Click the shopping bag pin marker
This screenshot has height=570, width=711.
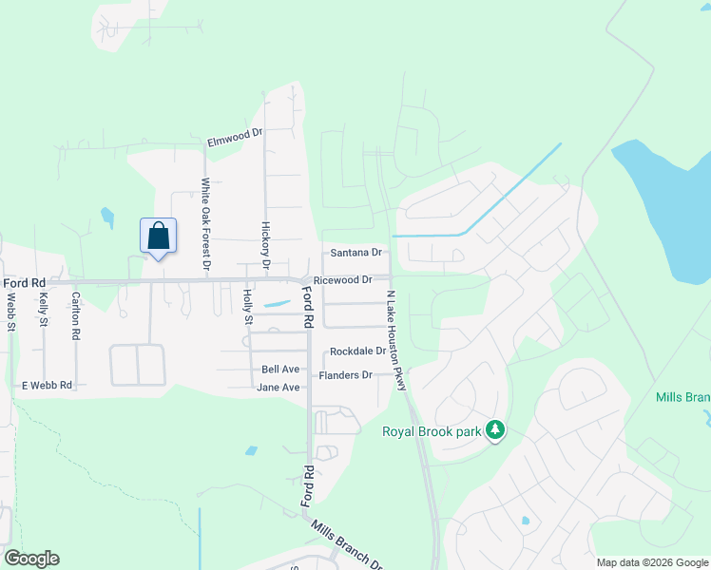[158, 236]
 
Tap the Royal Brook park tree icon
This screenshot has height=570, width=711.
[494, 430]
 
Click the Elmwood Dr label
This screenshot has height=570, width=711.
[235, 139]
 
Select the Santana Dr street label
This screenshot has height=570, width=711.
[355, 253]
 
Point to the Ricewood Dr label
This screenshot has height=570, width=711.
[342, 280]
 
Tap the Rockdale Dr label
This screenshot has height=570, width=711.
[357, 351]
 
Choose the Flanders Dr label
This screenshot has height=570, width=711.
[346, 375]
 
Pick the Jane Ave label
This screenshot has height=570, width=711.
[279, 388]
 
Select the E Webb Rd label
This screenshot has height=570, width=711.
[47, 386]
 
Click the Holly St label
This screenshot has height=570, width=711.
[248, 307]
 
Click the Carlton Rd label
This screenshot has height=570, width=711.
[76, 314]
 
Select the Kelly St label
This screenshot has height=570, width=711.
[44, 310]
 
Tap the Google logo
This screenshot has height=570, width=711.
[31, 559]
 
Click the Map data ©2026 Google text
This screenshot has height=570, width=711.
[651, 561]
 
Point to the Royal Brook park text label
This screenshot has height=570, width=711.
[432, 431]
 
